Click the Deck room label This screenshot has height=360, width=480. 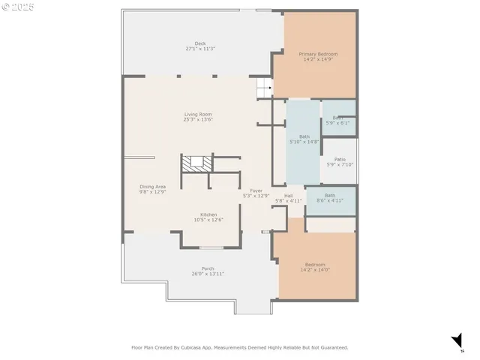pyautogui.click(x=200, y=43)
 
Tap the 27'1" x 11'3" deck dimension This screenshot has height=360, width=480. pyautogui.click(x=200, y=49)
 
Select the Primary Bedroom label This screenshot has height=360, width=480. pyautogui.click(x=318, y=54)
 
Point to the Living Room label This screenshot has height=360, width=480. pyautogui.click(x=199, y=114)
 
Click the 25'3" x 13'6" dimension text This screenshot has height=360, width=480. pyautogui.click(x=199, y=119)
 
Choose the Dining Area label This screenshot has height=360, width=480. pyautogui.click(x=152, y=186)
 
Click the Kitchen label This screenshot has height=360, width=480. pyautogui.click(x=187, y=214)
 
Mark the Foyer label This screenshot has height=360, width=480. pyautogui.click(x=256, y=190)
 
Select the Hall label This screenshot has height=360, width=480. pyautogui.click(x=288, y=195)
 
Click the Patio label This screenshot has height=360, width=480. pyautogui.click(x=340, y=159)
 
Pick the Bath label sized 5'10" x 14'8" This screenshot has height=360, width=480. pyautogui.click(x=304, y=136)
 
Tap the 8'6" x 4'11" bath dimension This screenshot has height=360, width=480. pyautogui.click(x=330, y=200)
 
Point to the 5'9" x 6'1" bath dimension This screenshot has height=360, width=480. pyautogui.click(x=338, y=123)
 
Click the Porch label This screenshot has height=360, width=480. pyautogui.click(x=208, y=268)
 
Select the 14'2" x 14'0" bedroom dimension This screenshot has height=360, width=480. pyautogui.click(x=314, y=269)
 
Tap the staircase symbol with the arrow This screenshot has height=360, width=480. pyautogui.click(x=263, y=88)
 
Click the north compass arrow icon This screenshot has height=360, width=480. pyautogui.click(x=456, y=342)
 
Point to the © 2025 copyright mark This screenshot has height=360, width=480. pyautogui.click(x=18, y=7)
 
